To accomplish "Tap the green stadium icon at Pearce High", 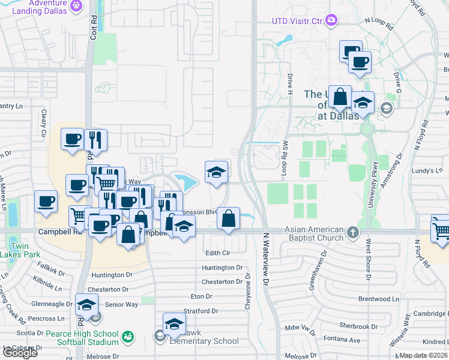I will pos(127,337).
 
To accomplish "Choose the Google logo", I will pos(19,352).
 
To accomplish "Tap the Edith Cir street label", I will pos(218,253).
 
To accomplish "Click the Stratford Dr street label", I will pos(200,311).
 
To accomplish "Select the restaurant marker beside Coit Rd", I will pos(95,140).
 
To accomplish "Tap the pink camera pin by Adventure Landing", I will pos(76,7).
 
